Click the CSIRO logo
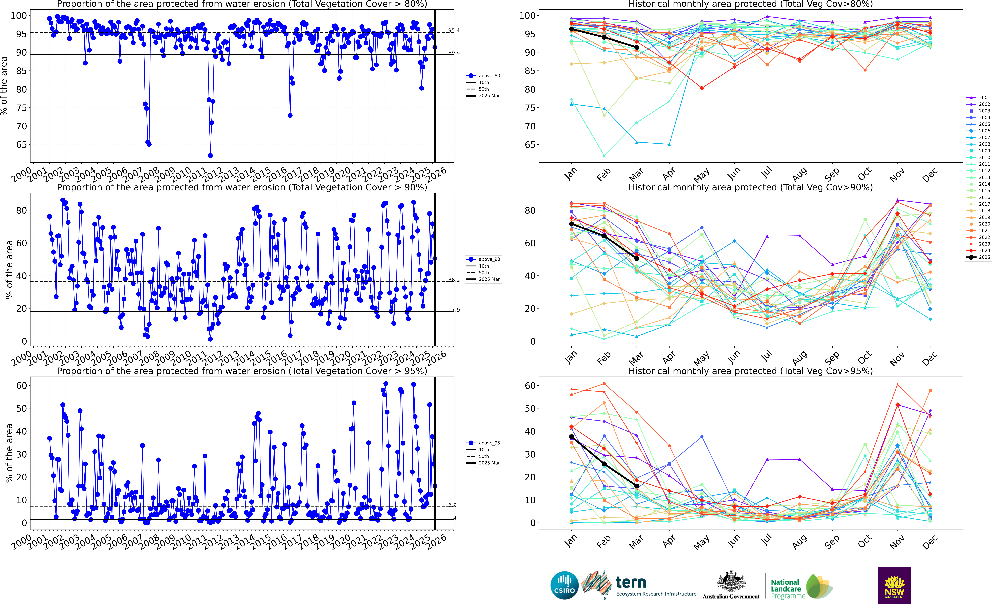click(x=564, y=585)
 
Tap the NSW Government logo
click(x=894, y=585)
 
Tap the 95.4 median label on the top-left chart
click(x=454, y=31)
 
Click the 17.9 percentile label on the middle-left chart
click(x=454, y=310)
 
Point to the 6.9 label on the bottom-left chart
click(x=453, y=505)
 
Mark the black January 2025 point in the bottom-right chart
click(x=571, y=437)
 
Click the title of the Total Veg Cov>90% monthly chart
click(x=750, y=187)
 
